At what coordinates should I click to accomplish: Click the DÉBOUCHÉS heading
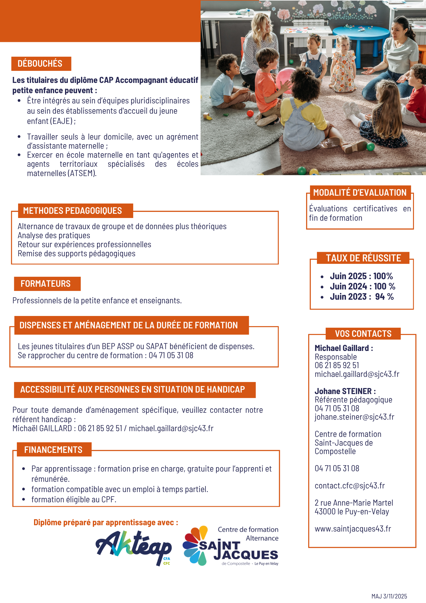(40, 64)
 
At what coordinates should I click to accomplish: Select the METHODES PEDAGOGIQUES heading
(72, 211)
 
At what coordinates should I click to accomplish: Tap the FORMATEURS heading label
(45, 284)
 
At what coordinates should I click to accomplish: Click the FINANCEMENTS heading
(53, 450)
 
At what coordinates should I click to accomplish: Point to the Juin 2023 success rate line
(362, 297)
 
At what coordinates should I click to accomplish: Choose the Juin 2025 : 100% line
(361, 276)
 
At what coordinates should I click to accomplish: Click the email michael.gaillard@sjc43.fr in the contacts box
(357, 374)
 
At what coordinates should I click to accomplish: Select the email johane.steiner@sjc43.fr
(354, 417)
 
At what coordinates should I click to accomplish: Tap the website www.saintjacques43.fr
(353, 529)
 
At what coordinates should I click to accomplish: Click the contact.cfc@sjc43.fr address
(349, 486)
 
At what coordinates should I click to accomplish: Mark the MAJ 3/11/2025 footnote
(389, 596)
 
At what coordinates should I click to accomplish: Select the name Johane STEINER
(343, 391)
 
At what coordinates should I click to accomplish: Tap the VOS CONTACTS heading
(363, 334)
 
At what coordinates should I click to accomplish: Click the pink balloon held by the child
(285, 77)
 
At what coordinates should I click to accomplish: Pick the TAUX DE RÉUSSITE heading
(363, 258)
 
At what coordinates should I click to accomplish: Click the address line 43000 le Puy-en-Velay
(352, 512)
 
